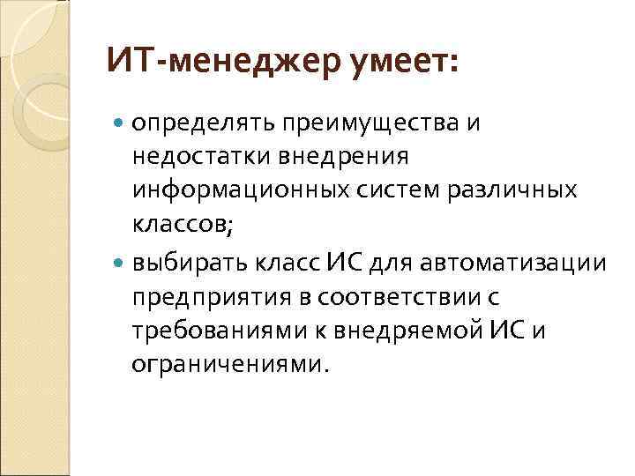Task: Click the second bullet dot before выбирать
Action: point(121,263)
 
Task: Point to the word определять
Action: point(202,123)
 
